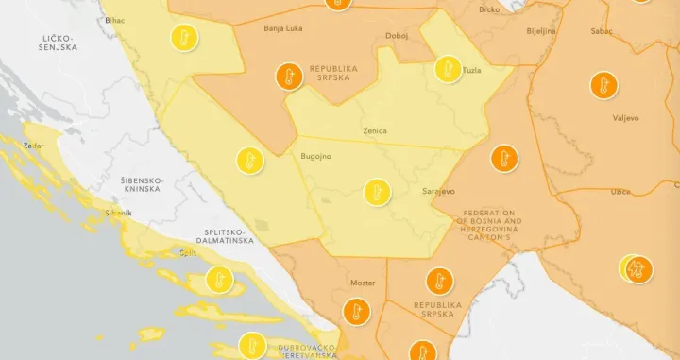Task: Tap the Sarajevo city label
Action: (x=439, y=191)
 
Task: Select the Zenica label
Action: (x=374, y=131)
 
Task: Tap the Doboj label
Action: (x=398, y=36)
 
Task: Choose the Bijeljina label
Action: (x=540, y=31)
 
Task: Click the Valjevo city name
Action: (x=625, y=118)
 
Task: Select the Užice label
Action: (x=620, y=192)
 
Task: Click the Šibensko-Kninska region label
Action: (x=143, y=184)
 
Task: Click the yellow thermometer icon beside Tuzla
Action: (x=448, y=68)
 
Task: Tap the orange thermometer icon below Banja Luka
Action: (x=289, y=77)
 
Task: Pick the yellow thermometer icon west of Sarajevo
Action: (x=378, y=193)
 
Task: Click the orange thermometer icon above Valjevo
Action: (x=603, y=85)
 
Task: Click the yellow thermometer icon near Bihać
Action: (x=184, y=38)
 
